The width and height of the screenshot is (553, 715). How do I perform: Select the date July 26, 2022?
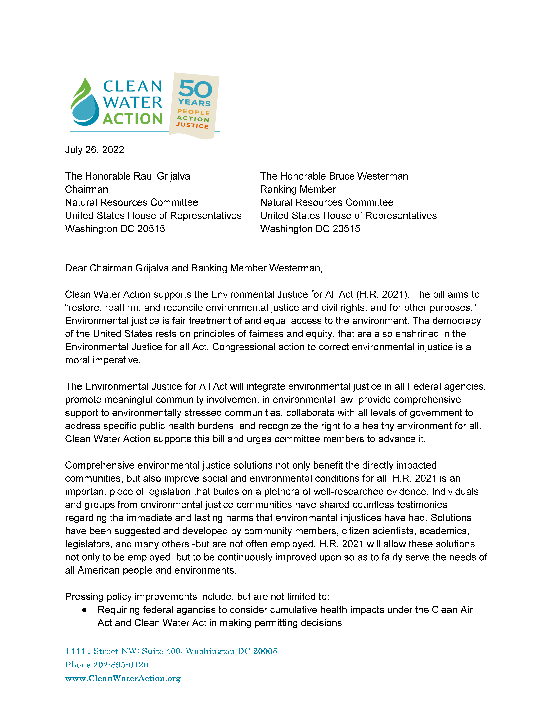(x=94, y=150)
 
